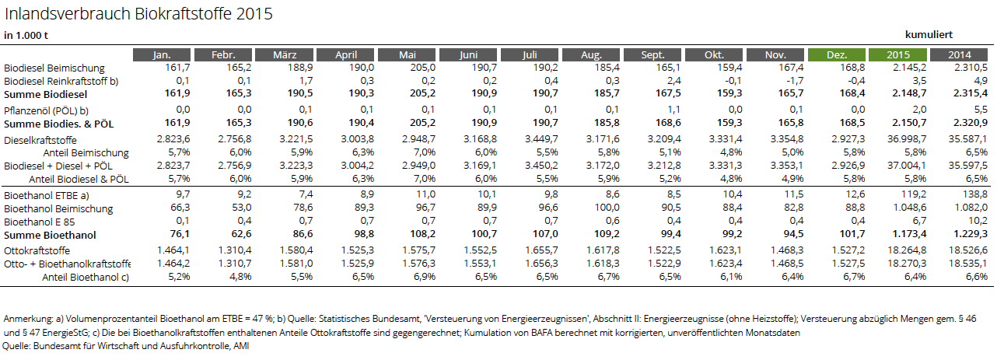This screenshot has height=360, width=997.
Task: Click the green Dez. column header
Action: point(836,54)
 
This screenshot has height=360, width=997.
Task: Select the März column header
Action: point(285,54)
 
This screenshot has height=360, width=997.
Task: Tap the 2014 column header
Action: point(959,54)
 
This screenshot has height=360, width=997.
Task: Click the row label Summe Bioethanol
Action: point(50,235)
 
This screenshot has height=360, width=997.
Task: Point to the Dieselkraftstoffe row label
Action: point(40,140)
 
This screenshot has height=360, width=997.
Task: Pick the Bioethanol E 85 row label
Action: point(39,222)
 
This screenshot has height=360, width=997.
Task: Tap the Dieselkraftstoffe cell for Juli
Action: point(541,139)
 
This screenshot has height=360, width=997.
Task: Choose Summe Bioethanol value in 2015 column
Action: point(909,234)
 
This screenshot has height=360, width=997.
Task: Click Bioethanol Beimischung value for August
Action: point(607,208)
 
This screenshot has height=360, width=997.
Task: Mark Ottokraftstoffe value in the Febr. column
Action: point(235,250)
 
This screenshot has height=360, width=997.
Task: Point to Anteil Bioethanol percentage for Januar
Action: point(179,277)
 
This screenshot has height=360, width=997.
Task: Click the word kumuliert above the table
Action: point(929,35)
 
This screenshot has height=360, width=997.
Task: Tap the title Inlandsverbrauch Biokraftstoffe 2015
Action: point(138,14)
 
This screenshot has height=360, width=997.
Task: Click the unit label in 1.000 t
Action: point(26,36)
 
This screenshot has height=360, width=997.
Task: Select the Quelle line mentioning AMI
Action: point(125,346)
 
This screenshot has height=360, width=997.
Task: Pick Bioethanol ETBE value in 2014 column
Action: point(974,194)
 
